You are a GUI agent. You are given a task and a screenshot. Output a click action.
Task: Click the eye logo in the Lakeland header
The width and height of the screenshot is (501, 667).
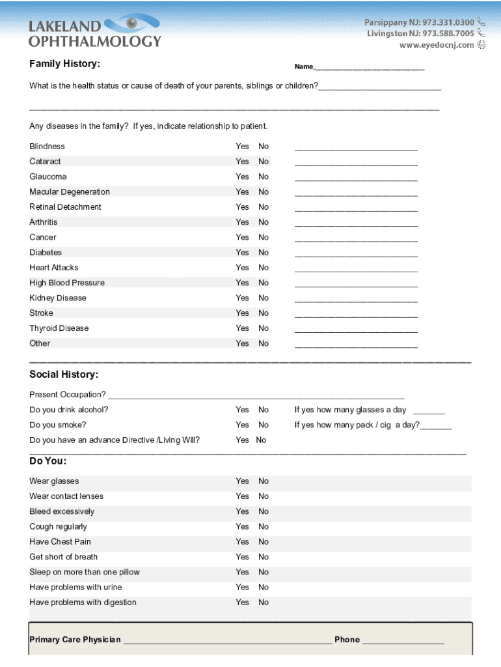132,25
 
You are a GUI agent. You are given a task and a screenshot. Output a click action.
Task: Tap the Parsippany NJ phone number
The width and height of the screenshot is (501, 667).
419,22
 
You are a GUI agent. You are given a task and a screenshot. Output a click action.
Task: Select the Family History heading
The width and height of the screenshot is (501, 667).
64,64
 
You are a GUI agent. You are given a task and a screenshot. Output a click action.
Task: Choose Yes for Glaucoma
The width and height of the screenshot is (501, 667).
242,177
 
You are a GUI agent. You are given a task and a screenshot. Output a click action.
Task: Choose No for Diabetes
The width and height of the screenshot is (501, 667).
263,252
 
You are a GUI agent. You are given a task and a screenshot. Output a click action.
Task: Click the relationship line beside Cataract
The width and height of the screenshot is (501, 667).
356,163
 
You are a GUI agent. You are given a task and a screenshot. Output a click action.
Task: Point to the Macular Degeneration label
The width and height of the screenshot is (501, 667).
70,192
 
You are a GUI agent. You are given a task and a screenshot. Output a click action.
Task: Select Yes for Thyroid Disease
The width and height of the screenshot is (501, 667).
242,328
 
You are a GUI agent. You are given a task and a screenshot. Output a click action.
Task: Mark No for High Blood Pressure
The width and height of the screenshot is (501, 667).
263,283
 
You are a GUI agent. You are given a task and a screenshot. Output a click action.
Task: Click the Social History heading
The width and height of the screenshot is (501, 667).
64,375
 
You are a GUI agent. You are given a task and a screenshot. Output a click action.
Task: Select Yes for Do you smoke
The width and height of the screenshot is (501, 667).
242,425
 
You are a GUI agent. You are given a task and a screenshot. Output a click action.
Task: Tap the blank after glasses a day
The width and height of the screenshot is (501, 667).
429,412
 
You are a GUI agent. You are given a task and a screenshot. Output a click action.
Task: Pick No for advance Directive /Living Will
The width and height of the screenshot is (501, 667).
261,440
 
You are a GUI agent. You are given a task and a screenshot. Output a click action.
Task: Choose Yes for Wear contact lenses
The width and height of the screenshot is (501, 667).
242,496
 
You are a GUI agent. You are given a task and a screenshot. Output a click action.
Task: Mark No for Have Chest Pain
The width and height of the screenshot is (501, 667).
263,541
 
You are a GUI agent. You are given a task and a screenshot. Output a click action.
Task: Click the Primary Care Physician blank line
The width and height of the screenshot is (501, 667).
227,641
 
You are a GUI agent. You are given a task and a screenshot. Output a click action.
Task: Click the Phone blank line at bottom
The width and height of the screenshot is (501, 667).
403,641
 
